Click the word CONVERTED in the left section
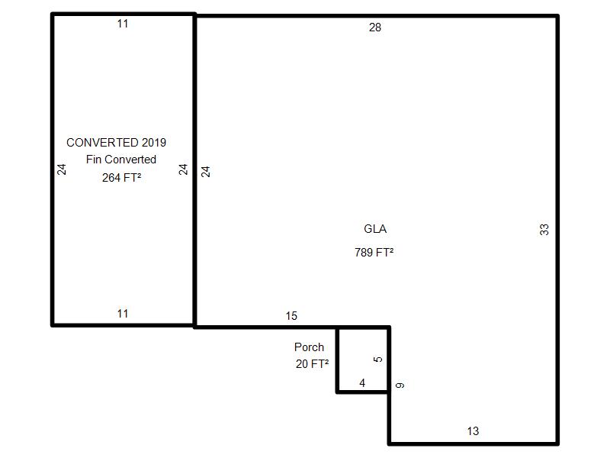click(102, 143)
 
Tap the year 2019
click(153, 143)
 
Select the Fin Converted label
click(120, 160)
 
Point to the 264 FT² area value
click(121, 178)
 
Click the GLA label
click(375, 229)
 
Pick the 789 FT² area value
click(374, 253)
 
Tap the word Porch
click(309, 347)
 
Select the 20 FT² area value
click(312, 364)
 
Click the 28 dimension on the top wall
click(374, 27)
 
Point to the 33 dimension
click(544, 229)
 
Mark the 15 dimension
click(291, 316)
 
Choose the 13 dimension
click(473, 431)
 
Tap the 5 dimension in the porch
click(379, 360)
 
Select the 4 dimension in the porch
click(362, 383)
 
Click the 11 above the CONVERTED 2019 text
click(123, 24)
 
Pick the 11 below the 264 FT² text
click(123, 314)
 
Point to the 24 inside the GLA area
click(206, 172)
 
